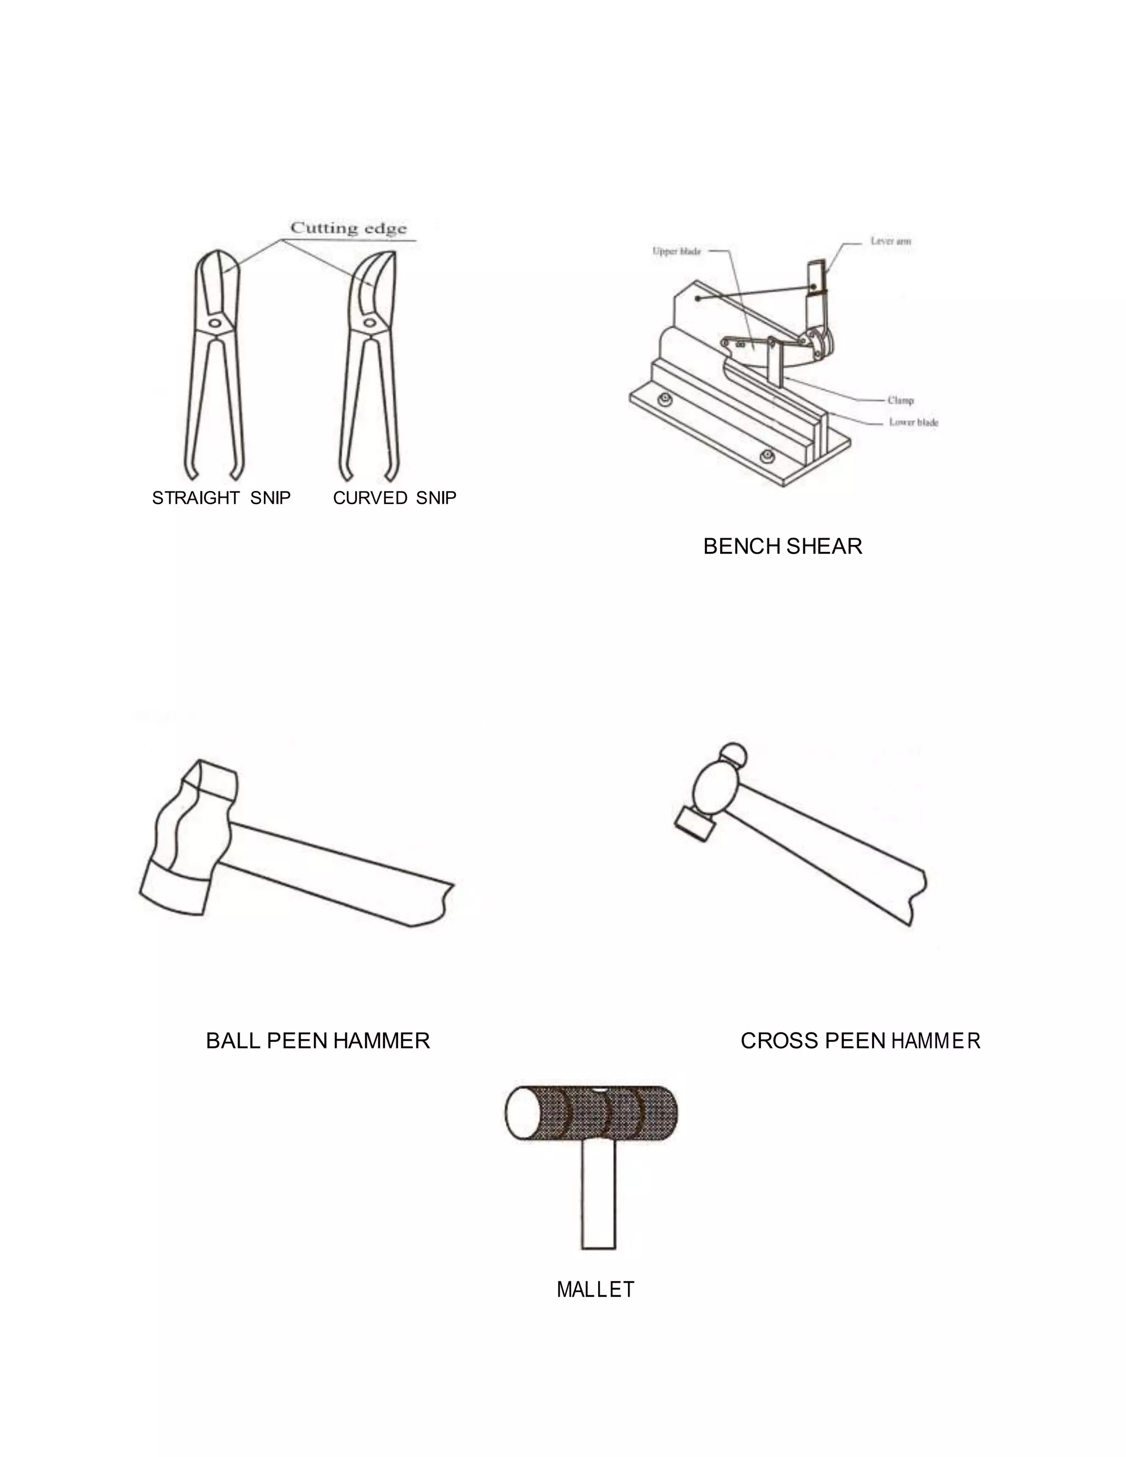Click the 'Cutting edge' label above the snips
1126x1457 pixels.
[x=348, y=229]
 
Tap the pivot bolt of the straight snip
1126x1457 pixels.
[x=215, y=323]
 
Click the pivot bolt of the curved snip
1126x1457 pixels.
[x=369, y=323]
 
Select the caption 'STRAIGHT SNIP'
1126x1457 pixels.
[x=222, y=498]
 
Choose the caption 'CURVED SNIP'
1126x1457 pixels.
[x=395, y=498]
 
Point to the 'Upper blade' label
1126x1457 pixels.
[x=676, y=251]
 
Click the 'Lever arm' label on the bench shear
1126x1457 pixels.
[x=891, y=241]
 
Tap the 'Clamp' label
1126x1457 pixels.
[x=901, y=400]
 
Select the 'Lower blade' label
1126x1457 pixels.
[x=914, y=422]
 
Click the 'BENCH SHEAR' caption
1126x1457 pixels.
[x=782, y=547]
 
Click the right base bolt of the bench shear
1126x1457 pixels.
[x=766, y=457]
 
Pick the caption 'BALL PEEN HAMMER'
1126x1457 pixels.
[x=318, y=1041]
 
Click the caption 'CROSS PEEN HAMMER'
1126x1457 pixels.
[x=860, y=1041]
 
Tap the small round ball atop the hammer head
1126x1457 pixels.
[x=733, y=754]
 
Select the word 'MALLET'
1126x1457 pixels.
[x=595, y=1289]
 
